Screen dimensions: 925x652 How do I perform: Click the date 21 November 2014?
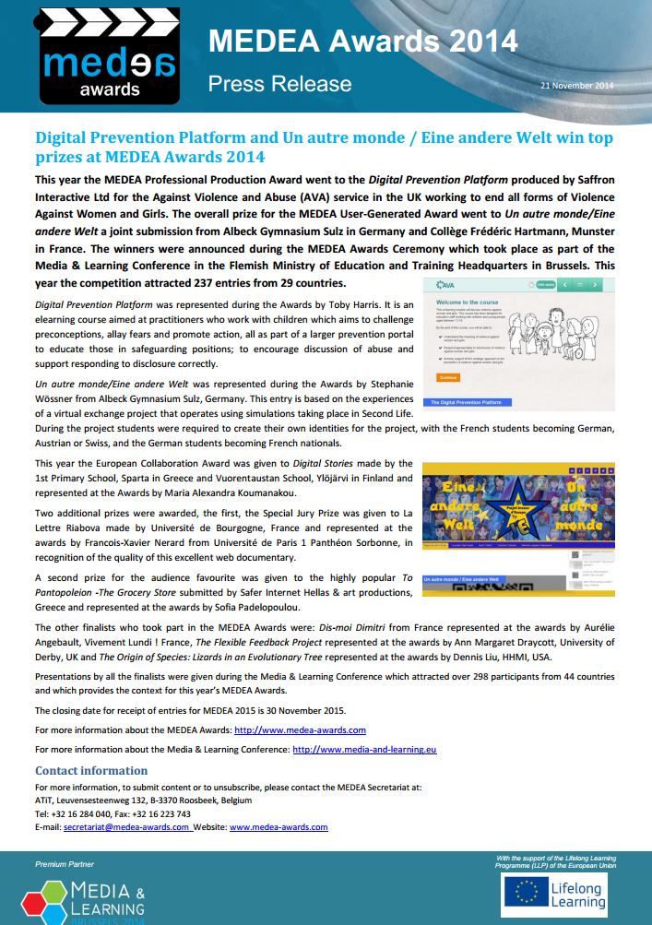pyautogui.click(x=577, y=86)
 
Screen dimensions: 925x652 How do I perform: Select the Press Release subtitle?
pyautogui.click(x=279, y=84)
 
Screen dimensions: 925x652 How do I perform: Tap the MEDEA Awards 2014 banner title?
pyautogui.click(x=362, y=42)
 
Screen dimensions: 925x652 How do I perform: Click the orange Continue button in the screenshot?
pyautogui.click(x=448, y=376)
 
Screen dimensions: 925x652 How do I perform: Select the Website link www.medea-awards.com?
pyautogui.click(x=279, y=827)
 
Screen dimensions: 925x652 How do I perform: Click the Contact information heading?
pyautogui.click(x=91, y=770)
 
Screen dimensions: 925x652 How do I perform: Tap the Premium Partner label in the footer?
pyautogui.click(x=58, y=863)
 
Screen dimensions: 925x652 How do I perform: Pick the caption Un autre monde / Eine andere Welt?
pyautogui.click(x=461, y=579)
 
